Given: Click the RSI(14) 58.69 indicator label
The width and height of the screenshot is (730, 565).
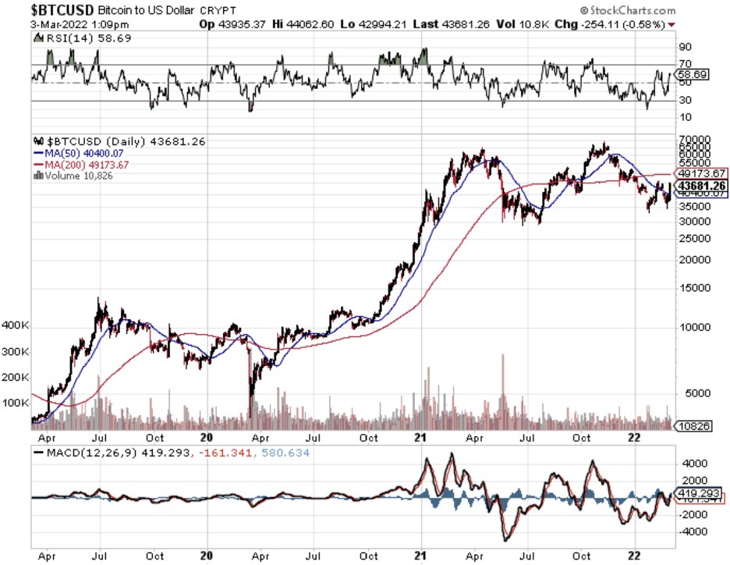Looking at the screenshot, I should tap(78, 37).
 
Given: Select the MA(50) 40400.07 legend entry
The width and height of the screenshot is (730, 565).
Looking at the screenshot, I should tap(85, 153).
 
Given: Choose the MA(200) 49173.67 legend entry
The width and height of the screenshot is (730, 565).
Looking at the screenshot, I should tap(87, 165).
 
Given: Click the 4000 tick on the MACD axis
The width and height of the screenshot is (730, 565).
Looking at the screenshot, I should tap(689, 462).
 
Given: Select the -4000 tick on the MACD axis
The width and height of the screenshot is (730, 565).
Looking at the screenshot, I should tap(689, 532).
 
